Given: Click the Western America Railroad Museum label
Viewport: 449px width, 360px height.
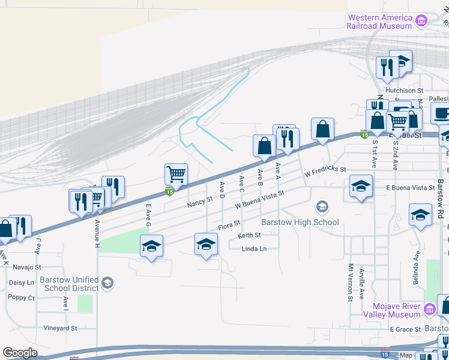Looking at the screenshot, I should pos(380,22).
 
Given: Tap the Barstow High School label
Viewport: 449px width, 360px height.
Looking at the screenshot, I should pos(300,222).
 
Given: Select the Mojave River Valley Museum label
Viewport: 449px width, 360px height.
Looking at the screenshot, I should pos(392,310).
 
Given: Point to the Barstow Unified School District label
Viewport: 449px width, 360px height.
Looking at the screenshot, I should pos(69,283).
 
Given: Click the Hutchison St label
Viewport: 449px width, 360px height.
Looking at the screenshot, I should pos(404,91).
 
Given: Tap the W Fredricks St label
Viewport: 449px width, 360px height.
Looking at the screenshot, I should pos(325,172).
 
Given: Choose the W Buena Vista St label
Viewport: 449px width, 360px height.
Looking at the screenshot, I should pos(259,200).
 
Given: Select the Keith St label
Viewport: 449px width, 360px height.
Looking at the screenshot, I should pos(249,236).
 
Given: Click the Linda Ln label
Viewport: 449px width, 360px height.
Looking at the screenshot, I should pos(254,249).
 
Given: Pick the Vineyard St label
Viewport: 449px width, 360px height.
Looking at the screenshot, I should pos(61,328).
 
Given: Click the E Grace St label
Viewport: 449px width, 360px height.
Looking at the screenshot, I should pos(405,329).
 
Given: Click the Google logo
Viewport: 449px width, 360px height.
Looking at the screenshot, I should pos(20,353).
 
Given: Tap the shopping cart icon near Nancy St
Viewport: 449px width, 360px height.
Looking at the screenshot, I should pos(176,174).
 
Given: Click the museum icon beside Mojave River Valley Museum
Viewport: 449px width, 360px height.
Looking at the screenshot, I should pos(429,310).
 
